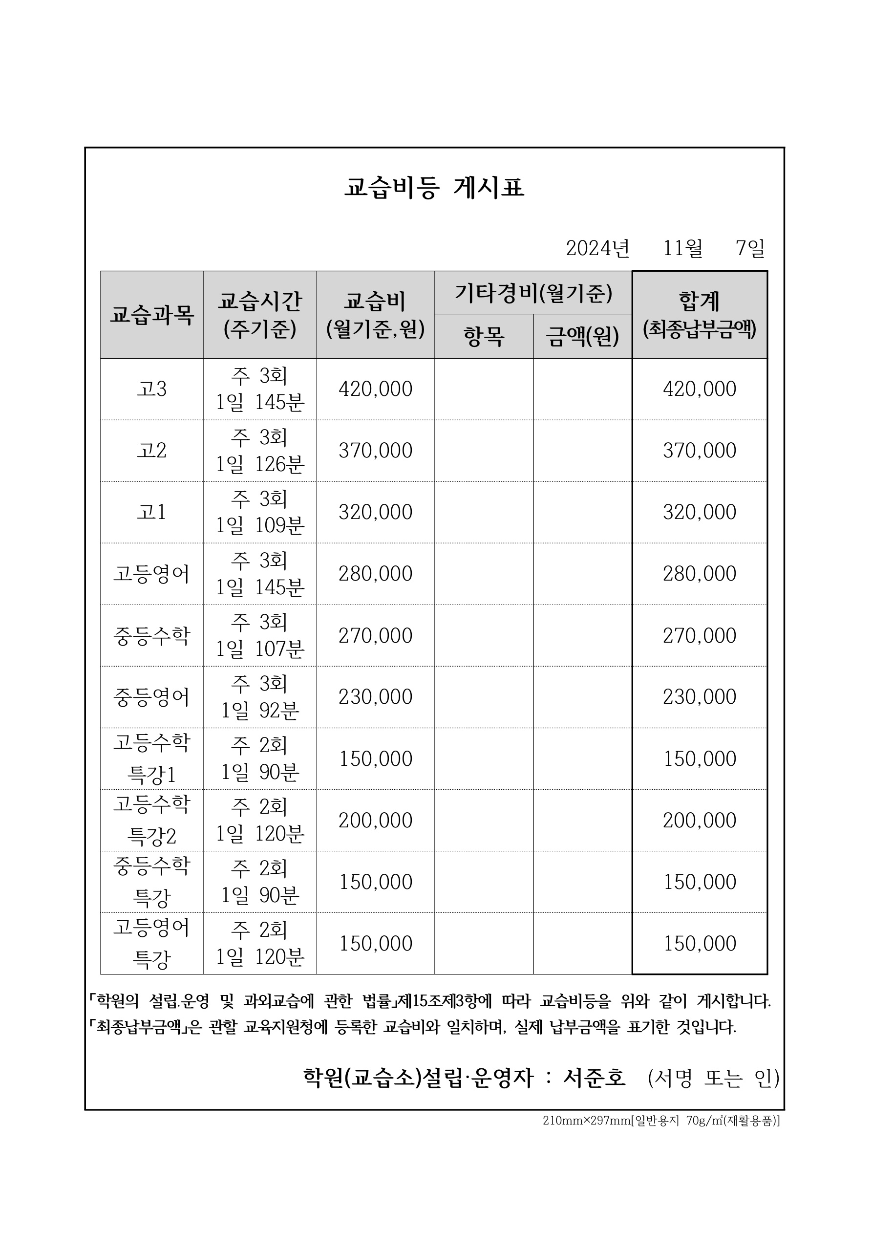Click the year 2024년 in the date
(x=597, y=248)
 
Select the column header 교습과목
(x=151, y=315)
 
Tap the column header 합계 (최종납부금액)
(x=700, y=315)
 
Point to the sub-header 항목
(x=484, y=337)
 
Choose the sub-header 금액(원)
(x=583, y=337)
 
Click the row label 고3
(x=151, y=389)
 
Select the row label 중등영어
(x=151, y=697)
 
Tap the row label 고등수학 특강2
(x=151, y=820)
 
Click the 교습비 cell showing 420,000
(x=375, y=389)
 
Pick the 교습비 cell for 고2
(x=375, y=451)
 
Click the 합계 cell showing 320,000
(x=700, y=512)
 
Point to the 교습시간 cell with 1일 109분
(x=260, y=512)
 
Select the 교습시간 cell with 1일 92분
(x=260, y=697)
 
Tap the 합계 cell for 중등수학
(x=700, y=636)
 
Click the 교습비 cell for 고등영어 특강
(x=375, y=944)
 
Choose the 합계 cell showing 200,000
(x=700, y=820)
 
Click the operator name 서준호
(x=595, y=1078)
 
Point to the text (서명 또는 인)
(x=714, y=1078)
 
